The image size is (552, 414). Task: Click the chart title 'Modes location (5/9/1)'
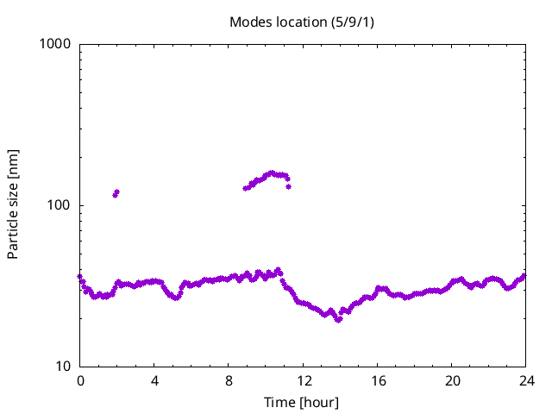click(x=301, y=21)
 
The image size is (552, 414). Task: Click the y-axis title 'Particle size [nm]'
click(x=13, y=204)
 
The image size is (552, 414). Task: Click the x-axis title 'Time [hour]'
click(x=301, y=402)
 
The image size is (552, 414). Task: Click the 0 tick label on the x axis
click(x=80, y=380)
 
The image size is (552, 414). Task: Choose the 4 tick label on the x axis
click(x=154, y=380)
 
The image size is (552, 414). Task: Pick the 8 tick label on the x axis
click(x=229, y=380)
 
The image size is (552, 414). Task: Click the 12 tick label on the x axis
click(x=303, y=380)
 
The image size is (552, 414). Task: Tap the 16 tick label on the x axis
click(x=377, y=380)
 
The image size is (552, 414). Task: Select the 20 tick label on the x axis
click(x=451, y=380)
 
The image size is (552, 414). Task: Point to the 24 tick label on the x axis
click(x=525, y=380)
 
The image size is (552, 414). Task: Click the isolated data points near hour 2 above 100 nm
click(x=116, y=192)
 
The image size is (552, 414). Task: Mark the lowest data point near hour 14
click(x=339, y=319)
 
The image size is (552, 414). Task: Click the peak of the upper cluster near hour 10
click(x=273, y=172)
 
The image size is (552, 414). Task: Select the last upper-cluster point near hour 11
click(x=288, y=186)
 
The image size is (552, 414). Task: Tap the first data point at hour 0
click(x=80, y=277)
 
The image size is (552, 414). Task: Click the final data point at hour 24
click(x=524, y=275)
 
